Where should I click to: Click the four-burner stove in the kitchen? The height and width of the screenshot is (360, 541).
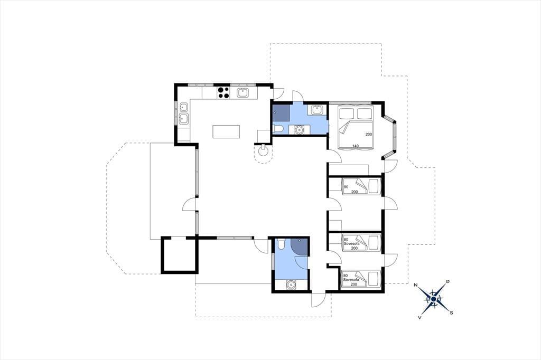coord(223,92)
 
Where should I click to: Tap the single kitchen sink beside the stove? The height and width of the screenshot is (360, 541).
coord(243,92)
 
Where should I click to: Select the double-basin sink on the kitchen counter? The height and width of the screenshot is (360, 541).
coord(183,113)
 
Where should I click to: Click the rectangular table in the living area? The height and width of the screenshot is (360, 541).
coord(226,132)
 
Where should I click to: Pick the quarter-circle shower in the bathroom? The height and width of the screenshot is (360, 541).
coord(299,246)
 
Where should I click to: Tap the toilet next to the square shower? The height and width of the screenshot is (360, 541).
coord(278,129)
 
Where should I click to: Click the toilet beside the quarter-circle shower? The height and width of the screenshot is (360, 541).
coord(281,244)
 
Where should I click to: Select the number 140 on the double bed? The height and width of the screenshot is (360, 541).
coord(356,146)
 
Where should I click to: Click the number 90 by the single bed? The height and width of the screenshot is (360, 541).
coord(346,186)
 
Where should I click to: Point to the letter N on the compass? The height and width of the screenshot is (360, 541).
coord(416,285)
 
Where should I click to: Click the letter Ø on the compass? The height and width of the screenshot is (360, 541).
coord(447,282)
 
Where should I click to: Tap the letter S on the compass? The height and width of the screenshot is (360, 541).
coord(451,313)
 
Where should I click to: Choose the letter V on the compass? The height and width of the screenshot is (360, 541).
coord(419,317)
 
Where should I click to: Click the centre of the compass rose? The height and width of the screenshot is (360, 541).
coord(433,299)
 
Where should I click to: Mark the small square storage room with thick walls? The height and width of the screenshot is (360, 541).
coord(180,255)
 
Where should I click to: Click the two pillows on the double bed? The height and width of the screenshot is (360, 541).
coord(356,113)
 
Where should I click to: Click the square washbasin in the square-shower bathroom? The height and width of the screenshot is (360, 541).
coord(317,110)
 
